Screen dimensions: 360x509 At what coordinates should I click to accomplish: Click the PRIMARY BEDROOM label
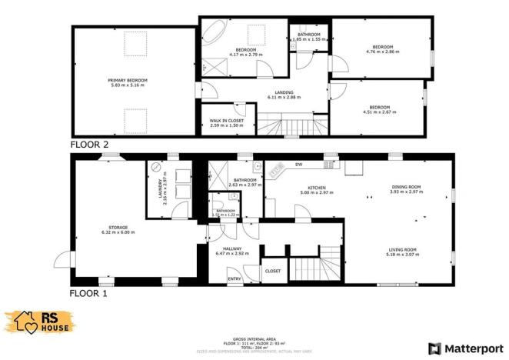[127, 80]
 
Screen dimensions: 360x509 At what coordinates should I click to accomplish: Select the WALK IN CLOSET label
[226, 121]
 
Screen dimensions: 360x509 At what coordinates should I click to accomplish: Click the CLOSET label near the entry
[272, 271]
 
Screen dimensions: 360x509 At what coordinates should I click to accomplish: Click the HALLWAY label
[232, 248]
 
